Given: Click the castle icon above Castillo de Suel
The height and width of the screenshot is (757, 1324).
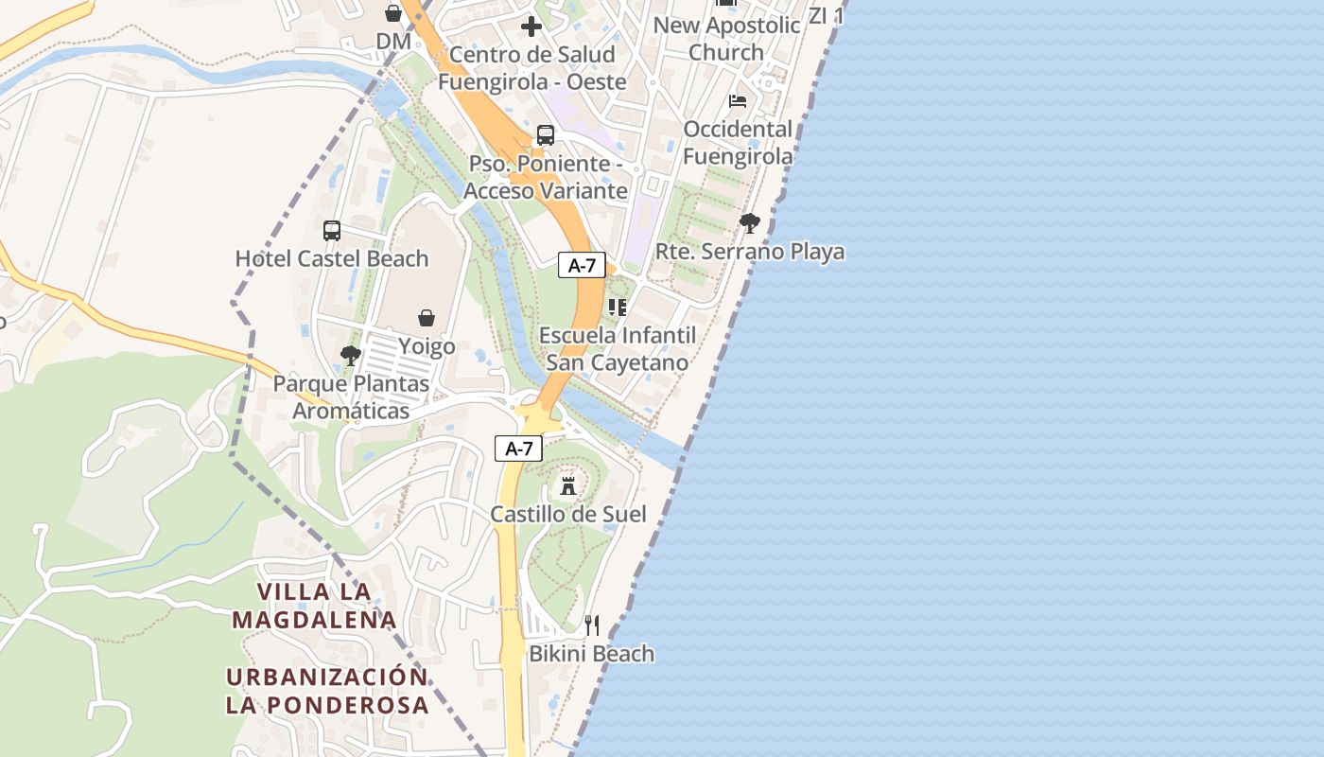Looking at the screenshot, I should point(568,486).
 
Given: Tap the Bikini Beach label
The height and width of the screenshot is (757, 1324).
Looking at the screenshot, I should point(591,653).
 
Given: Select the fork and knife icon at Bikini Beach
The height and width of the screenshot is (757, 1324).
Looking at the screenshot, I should point(592,625).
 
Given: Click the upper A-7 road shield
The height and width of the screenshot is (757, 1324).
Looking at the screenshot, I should point(582,265).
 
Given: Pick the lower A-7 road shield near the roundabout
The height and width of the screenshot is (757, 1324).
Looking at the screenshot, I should point(518,449).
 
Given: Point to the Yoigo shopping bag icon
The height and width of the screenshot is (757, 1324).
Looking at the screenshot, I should point(427,318).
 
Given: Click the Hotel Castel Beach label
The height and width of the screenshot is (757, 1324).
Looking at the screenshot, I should point(332,258).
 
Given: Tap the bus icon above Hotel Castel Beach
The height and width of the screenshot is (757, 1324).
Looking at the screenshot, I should point(332,230).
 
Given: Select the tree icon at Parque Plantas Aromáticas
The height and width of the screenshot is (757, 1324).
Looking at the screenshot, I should point(351,356).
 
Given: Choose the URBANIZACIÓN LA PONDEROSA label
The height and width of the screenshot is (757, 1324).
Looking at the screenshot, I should point(327,691).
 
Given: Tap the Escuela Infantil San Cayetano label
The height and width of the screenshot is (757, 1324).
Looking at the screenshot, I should point(617,349).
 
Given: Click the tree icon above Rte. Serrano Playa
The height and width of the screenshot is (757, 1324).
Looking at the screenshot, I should point(750,223).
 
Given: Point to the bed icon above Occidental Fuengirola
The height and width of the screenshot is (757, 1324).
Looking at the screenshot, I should point(738,101).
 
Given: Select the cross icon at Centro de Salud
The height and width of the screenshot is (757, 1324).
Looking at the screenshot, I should point(531,26).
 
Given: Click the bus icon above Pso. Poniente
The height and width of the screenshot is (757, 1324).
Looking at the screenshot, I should point(546,135).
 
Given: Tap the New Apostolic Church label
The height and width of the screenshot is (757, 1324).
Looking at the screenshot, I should point(726,38).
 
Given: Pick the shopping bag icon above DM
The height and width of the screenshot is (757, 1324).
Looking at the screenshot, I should point(393,13).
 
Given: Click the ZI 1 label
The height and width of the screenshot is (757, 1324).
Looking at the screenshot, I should point(826,15).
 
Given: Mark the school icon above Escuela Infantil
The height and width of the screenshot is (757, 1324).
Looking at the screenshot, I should point(617,307).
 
